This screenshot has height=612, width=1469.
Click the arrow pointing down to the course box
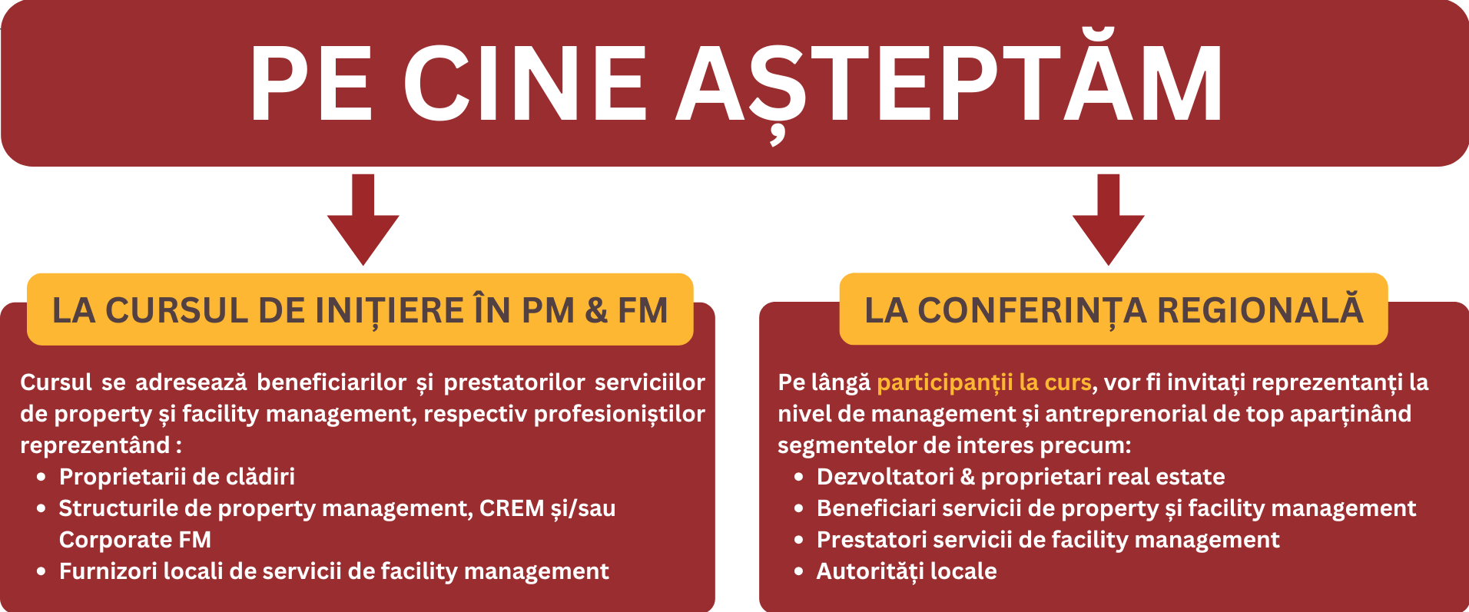point(363,220)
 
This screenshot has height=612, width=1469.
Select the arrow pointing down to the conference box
point(1108,220)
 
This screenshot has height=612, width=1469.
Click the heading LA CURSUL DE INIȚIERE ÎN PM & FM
point(360,311)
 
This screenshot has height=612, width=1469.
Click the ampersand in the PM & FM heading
point(595,311)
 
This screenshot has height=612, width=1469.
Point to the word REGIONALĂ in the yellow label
point(1260,309)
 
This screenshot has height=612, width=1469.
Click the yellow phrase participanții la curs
point(984,382)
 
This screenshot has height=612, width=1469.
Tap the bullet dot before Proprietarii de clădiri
point(41,478)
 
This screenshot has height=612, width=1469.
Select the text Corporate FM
point(135,540)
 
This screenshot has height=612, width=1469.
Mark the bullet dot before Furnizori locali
point(41,572)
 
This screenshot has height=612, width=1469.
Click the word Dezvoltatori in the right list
point(885,477)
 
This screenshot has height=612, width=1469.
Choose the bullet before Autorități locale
point(799,572)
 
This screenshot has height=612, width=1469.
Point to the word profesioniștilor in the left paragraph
point(619,414)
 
